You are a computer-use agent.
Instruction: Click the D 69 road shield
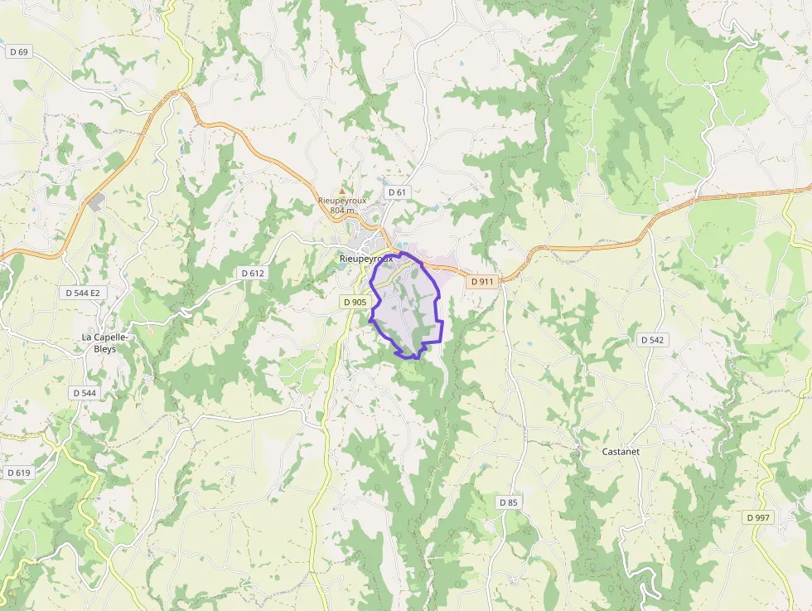[18, 51]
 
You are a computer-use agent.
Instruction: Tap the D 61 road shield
[397, 192]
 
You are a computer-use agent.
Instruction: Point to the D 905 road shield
[354, 303]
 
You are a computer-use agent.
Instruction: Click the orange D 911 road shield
[482, 282]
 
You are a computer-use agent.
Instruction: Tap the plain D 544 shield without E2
[85, 393]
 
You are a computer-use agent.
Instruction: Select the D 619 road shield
[18, 473]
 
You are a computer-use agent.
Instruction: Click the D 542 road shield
[653, 340]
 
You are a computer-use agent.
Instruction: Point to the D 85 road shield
[508, 502]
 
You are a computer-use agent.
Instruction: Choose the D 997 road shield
[757, 517]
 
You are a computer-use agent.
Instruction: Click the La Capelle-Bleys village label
[104, 343]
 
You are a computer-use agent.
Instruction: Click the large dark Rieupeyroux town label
[365, 258]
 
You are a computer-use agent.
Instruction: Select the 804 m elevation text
[342, 211]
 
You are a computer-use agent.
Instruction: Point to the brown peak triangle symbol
[341, 191]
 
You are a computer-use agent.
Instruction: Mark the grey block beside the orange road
[98, 201]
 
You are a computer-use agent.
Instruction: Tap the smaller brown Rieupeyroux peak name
[342, 201]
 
